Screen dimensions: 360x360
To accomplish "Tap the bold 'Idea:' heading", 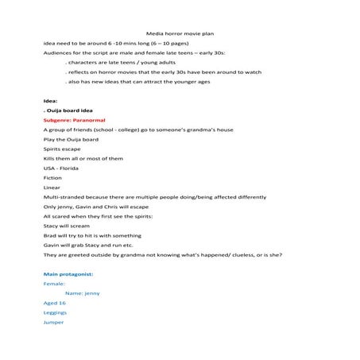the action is click(x=50, y=101).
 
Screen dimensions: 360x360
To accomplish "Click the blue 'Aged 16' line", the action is click(x=55, y=303).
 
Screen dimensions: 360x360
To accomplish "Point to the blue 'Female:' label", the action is click(x=54, y=283).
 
